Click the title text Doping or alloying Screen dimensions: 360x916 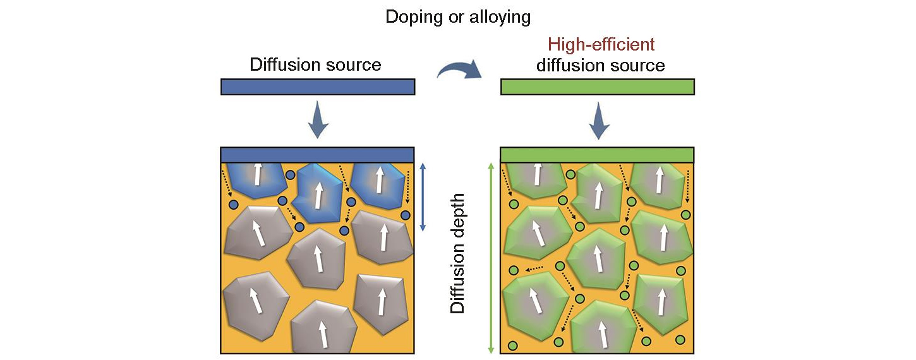[458, 17]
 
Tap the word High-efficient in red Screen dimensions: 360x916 [601, 45]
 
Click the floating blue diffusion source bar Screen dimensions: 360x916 [318, 87]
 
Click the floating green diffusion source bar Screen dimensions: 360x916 [598, 87]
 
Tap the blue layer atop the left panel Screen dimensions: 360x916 [318, 155]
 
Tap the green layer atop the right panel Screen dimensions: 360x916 [598, 155]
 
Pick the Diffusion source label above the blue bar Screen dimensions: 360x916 [315, 64]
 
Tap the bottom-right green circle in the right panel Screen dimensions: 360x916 [680, 340]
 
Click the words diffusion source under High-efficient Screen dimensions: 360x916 [601, 65]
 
